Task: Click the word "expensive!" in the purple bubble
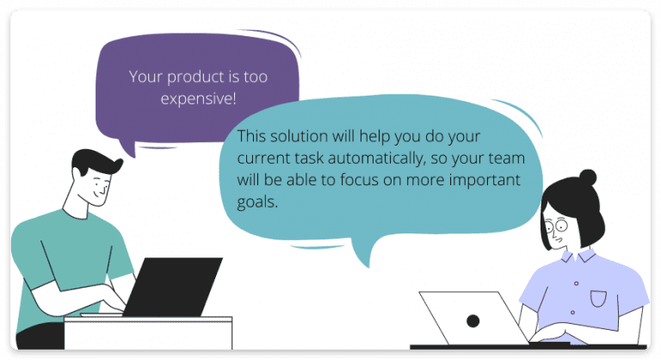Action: tap(199, 99)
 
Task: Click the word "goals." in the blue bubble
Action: tap(257, 203)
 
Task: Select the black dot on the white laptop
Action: tap(473, 320)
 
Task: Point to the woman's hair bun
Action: tap(588, 178)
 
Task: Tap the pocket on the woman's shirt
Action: tap(598, 298)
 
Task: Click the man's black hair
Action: tap(95, 163)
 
